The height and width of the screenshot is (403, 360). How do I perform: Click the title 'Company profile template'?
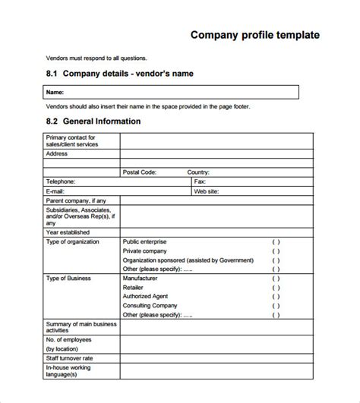click(x=254, y=35)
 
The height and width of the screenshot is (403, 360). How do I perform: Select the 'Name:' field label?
click(x=55, y=93)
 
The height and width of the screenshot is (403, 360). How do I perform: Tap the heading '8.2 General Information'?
click(x=92, y=121)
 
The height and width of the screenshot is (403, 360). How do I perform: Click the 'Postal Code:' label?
click(x=140, y=172)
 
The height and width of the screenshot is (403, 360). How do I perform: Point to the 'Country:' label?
click(x=198, y=172)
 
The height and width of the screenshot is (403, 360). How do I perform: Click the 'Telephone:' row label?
click(x=61, y=182)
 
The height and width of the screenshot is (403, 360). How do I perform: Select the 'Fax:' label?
click(x=201, y=182)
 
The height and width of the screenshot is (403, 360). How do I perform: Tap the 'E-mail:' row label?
click(x=56, y=192)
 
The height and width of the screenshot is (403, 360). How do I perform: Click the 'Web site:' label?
click(x=207, y=192)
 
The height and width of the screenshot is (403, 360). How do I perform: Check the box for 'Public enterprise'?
click(x=276, y=242)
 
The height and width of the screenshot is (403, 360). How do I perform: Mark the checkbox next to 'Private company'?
click(x=276, y=251)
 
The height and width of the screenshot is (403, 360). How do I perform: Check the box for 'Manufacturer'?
click(x=276, y=279)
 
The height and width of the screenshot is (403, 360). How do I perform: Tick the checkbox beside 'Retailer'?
click(x=276, y=288)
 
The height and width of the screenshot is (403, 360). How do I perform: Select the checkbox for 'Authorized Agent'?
click(x=276, y=297)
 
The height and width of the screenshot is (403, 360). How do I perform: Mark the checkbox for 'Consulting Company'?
click(x=276, y=306)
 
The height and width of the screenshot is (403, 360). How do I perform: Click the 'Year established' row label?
click(x=68, y=232)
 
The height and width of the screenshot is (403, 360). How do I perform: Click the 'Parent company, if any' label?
click(x=75, y=201)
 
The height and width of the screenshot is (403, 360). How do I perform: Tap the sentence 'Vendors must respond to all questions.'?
click(x=96, y=58)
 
